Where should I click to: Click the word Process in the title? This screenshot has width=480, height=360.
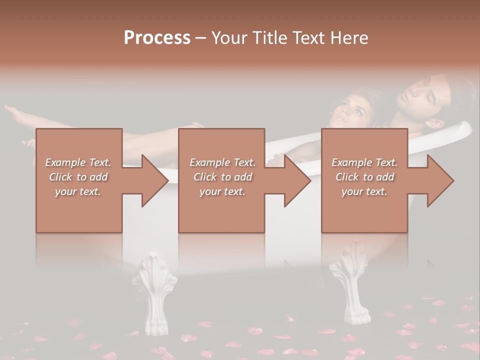[157, 38]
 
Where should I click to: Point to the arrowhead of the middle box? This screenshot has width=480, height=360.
[296, 180]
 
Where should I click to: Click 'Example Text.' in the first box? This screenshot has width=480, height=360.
[78, 162]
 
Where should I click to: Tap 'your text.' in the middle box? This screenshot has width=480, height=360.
[222, 191]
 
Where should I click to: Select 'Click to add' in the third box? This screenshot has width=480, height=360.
[364, 177]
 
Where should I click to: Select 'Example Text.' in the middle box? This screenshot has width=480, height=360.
[222, 162]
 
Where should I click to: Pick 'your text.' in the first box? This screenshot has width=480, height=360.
[78, 191]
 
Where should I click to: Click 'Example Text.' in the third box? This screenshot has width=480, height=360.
[364, 162]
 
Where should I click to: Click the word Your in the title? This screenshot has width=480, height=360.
[227, 38]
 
